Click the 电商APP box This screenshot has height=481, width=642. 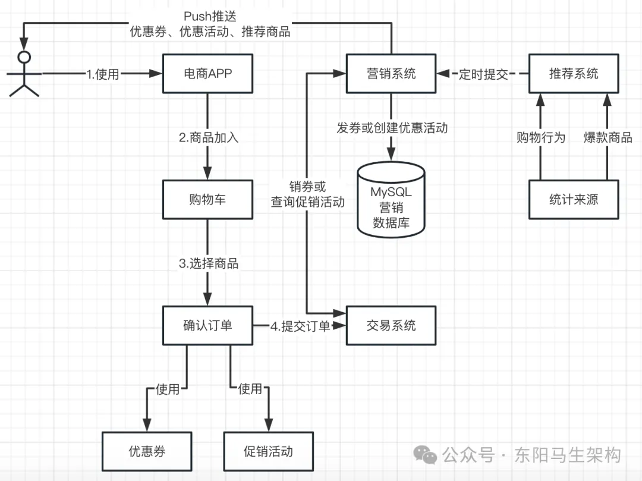pyautogui.click(x=207, y=74)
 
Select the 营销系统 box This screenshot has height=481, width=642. pyautogui.click(x=391, y=74)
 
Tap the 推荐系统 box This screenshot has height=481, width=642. pyautogui.click(x=574, y=74)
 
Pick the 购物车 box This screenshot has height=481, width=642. pyautogui.click(x=207, y=200)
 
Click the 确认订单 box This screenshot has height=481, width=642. pyautogui.click(x=207, y=325)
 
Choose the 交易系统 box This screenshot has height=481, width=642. pyautogui.click(x=391, y=325)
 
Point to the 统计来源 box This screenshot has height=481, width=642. pyautogui.click(x=574, y=200)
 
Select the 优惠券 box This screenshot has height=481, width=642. pyautogui.click(x=147, y=451)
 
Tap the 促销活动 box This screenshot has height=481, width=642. pyautogui.click(x=268, y=451)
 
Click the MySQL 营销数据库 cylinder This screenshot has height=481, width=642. pyautogui.click(x=391, y=199)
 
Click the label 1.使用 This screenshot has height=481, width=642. pyautogui.click(x=103, y=74)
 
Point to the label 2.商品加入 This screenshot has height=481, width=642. pyautogui.click(x=209, y=137)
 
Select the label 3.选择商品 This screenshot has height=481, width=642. pyautogui.click(x=209, y=263)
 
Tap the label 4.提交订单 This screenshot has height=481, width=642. pyautogui.click(x=300, y=326)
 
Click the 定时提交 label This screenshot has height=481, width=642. pyautogui.click(x=483, y=74)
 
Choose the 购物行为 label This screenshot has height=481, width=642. pyautogui.click(x=540, y=138)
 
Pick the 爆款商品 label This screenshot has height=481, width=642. pyautogui.click(x=608, y=138)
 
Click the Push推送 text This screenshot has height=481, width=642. pyautogui.click(x=210, y=17)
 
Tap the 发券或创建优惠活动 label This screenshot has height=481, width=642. pyautogui.click(x=392, y=127)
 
